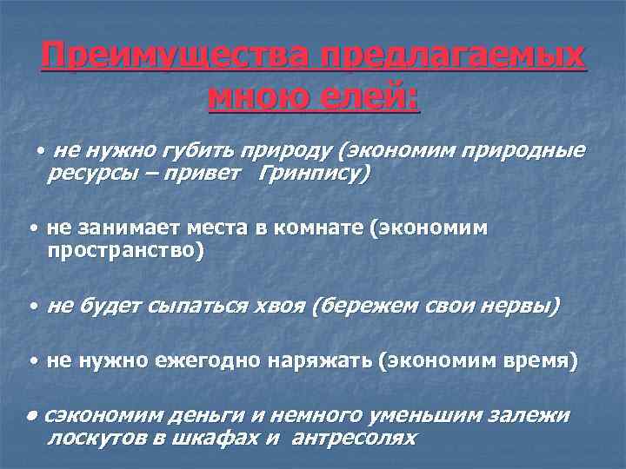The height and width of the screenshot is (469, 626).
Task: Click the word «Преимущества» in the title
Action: pos(173,58)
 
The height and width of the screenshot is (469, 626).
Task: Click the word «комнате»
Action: pos(321,228)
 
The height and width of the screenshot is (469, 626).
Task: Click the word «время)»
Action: pos(541,361)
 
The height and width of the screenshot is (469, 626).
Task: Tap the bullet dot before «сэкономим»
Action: pos(31,414)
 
